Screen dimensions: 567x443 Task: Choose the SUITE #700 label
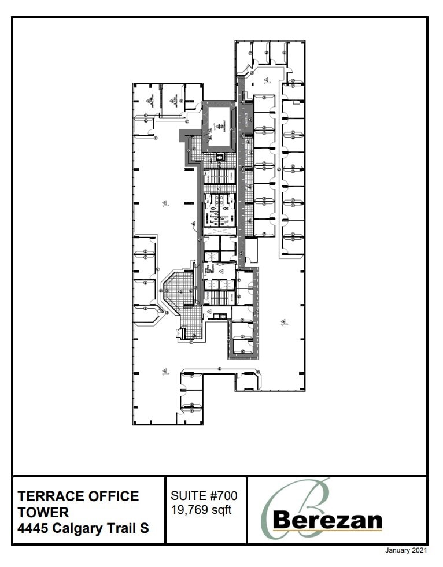[204, 496]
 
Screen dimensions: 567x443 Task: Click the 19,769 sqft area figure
[201, 510]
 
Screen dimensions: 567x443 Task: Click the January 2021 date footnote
[406, 550]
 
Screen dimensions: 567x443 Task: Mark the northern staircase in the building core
[219, 176]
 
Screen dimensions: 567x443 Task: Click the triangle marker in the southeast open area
[284, 322]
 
